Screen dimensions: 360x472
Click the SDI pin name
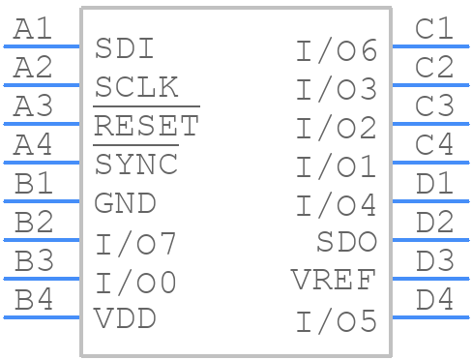[x=125, y=48]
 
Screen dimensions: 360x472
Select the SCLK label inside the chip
[x=136, y=87]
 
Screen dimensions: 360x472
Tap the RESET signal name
[x=146, y=126]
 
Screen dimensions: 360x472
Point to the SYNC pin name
[x=136, y=165]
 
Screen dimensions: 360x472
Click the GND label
[x=125, y=203]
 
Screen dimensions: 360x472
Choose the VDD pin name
[x=125, y=317]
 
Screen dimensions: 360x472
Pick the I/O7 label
[x=135, y=243]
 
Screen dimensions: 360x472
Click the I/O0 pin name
[x=135, y=283]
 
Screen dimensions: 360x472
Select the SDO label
[x=346, y=242]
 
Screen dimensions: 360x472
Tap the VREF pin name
[x=334, y=281]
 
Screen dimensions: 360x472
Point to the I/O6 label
[x=336, y=50]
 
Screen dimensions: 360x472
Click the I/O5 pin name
[x=336, y=320]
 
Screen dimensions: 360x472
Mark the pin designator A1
[x=34, y=29]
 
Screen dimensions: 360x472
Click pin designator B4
[x=34, y=300]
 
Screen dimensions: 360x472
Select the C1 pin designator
[x=433, y=29]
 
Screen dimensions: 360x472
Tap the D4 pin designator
[x=433, y=300]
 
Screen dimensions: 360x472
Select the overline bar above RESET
[x=146, y=106]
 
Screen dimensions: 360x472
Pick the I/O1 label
[x=336, y=166]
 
